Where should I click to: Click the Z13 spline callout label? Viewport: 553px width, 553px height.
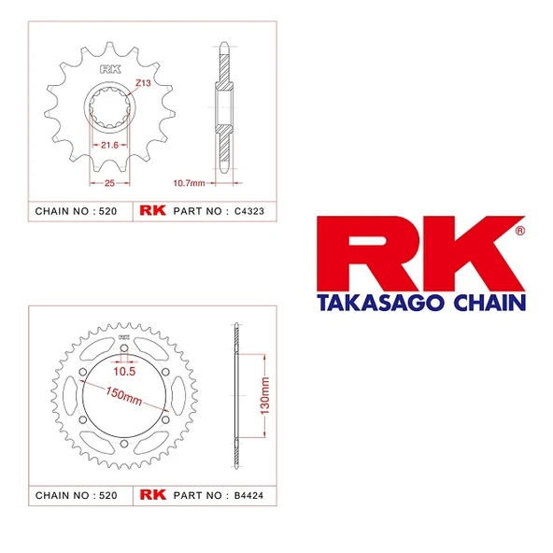(143, 83)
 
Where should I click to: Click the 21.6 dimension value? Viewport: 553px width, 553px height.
(109, 145)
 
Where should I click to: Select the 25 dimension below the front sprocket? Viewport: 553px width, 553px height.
(109, 183)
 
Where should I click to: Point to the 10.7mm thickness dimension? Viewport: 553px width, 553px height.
(189, 183)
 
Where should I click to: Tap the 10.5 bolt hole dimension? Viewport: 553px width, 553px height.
(124, 372)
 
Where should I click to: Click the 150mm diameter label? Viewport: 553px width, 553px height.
(124, 396)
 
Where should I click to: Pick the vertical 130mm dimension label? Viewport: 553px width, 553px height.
(264, 396)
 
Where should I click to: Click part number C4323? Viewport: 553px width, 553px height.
(249, 211)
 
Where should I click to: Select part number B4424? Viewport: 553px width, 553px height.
(249, 495)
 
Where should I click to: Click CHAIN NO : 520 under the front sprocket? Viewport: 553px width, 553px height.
(76, 211)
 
